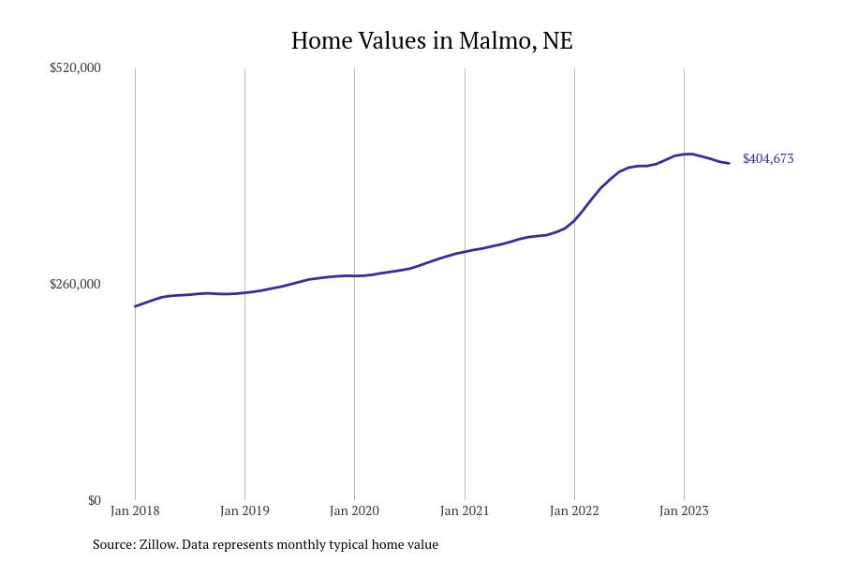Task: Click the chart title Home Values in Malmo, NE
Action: tap(432, 41)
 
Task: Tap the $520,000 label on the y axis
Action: tap(75, 67)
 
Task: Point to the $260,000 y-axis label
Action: tap(75, 284)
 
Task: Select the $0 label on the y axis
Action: tap(94, 500)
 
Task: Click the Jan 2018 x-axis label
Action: tap(135, 510)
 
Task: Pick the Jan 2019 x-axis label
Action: tap(244, 510)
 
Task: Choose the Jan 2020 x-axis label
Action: tap(354, 510)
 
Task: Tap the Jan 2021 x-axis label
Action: tap(465, 510)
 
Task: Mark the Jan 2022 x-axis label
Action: tap(574, 510)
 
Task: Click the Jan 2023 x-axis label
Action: tap(684, 510)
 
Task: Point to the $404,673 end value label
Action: tap(768, 159)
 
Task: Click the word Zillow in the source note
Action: tap(157, 544)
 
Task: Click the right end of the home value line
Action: tap(729, 164)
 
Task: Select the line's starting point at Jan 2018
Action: tap(135, 306)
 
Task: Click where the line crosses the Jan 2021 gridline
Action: tap(465, 252)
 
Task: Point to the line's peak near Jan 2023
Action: tap(690, 154)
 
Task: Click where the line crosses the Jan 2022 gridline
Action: tap(574, 221)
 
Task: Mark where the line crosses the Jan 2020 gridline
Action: tap(354, 276)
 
